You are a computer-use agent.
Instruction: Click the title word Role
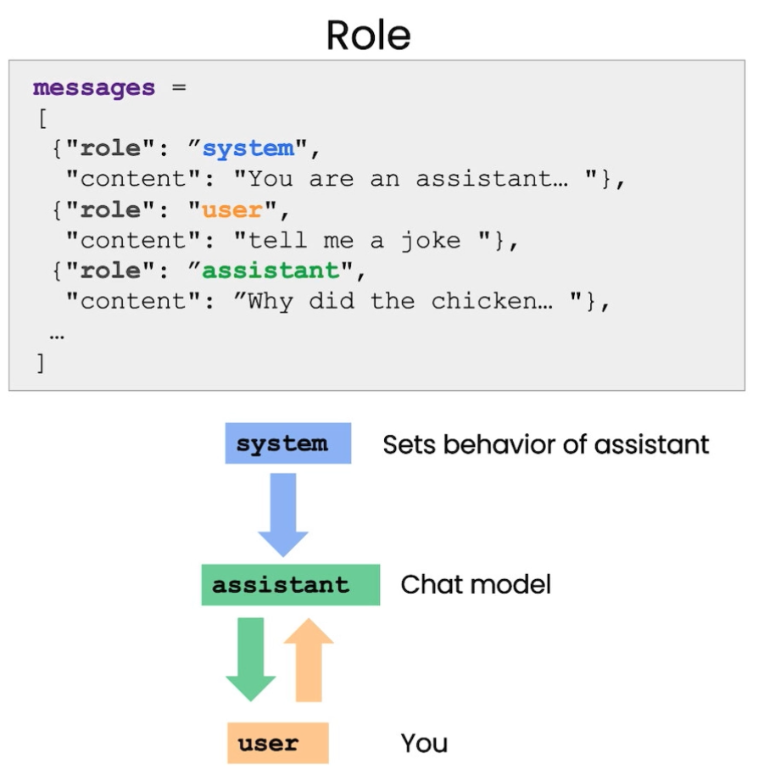pos(368,36)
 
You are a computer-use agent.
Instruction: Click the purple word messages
pos(94,88)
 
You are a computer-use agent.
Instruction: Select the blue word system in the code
pos(248,148)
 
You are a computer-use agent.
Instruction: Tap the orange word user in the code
pos(232,210)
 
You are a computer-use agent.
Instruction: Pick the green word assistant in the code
pos(271,270)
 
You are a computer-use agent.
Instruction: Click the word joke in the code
pos(431,241)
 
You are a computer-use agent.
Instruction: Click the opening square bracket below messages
pos(42,119)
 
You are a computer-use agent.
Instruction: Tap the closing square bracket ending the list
pos(41,363)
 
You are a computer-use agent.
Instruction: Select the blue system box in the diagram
pos(288,443)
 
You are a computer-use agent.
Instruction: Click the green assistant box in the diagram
pos(291,585)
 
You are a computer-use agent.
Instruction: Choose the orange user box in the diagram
pos(278,743)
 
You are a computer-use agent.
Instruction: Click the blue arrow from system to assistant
pos(283,515)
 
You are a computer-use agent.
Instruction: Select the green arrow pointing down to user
pos(251,660)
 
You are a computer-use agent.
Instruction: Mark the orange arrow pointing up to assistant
pos(309,660)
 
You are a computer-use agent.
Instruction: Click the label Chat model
pos(476,585)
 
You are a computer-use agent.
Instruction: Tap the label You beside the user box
pos(424,743)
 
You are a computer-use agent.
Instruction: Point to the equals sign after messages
pos(179,87)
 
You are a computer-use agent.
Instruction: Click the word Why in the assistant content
pos(270,302)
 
